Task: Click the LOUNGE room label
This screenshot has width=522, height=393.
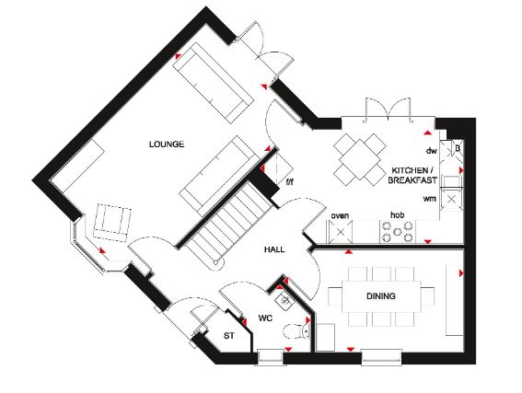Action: click(167, 144)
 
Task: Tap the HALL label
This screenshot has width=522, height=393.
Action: click(274, 249)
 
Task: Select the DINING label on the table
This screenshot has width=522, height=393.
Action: click(381, 295)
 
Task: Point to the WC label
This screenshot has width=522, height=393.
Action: click(265, 318)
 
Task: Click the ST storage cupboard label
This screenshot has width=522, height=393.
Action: click(228, 336)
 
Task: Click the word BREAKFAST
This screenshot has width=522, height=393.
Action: click(412, 180)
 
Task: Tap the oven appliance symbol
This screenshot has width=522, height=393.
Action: click(341, 232)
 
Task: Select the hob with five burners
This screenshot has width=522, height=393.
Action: click(397, 232)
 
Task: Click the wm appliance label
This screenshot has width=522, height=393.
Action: click(429, 199)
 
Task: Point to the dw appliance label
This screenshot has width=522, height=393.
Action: click(432, 151)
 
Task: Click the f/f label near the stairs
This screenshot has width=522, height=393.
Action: click(290, 182)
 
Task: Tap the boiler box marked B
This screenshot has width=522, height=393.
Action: click(458, 148)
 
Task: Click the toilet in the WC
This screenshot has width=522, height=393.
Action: click(296, 331)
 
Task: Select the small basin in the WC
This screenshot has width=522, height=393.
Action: click(284, 301)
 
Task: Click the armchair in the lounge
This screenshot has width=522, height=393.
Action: click(112, 223)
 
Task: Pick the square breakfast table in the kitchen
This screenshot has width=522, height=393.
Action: click(360, 160)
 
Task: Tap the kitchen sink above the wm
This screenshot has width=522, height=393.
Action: click(451, 181)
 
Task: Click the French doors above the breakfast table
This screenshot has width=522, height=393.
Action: click(389, 110)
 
